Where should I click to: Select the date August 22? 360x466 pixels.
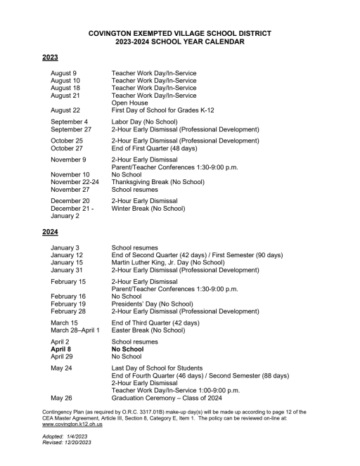65,110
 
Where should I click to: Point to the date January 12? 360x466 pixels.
67,255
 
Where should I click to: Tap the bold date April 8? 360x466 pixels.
60,348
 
